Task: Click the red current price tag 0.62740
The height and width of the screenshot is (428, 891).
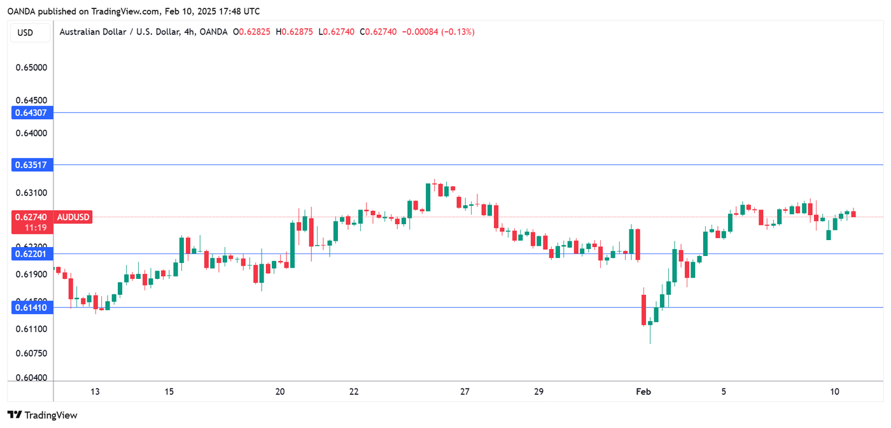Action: point(30,217)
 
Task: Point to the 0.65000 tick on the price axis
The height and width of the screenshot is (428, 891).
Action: point(31,67)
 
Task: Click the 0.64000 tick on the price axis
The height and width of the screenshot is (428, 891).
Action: point(31,134)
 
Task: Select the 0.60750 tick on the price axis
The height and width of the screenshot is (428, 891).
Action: point(31,353)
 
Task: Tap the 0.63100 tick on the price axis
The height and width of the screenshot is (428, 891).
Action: point(31,193)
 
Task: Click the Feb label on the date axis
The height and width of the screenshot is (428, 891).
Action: point(643,392)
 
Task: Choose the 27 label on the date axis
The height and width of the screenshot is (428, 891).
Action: point(465,392)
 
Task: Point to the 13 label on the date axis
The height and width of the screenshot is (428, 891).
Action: point(95,392)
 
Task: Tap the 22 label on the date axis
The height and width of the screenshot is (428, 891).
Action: point(354,392)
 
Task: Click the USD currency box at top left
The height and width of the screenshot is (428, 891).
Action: point(25,32)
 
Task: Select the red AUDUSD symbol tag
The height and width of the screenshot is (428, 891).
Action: point(74,217)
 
